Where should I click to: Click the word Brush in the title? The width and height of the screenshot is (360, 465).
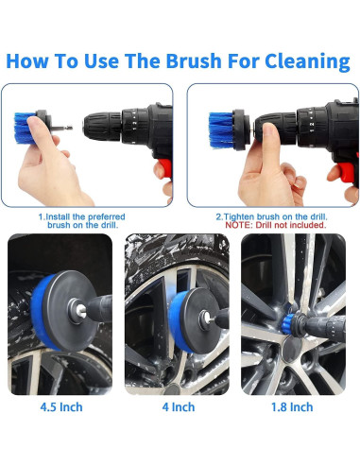tap(194, 60)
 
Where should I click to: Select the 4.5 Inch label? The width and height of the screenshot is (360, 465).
tap(61, 407)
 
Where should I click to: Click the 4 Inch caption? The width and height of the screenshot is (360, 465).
tap(179, 407)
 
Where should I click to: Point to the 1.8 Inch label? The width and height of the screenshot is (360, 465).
tap(292, 407)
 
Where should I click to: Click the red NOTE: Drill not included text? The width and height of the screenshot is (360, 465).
tap(276, 225)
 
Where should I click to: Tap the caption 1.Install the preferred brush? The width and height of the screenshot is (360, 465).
tap(82, 221)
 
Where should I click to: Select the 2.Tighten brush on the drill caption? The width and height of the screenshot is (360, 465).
tap(271, 216)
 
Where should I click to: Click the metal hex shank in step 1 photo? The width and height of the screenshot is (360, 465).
tap(62, 128)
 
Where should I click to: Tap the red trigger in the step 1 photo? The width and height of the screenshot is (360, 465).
tap(165, 167)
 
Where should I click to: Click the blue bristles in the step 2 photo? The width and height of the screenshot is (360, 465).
tap(221, 129)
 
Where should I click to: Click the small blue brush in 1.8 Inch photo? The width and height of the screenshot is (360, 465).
tap(288, 321)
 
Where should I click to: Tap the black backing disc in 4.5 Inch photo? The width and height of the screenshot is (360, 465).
tap(69, 310)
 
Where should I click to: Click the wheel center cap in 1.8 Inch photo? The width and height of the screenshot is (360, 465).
tap(292, 348)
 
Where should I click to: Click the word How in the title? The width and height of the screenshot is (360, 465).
tap(27, 60)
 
